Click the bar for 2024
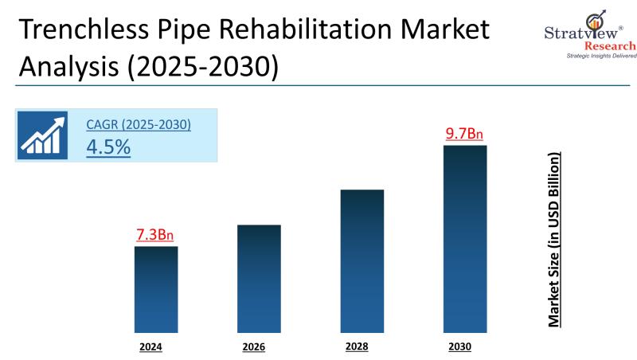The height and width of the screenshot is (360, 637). pyautogui.click(x=155, y=288)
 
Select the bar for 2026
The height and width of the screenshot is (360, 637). pyautogui.click(x=259, y=278)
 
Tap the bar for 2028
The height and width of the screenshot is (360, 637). pyautogui.click(x=362, y=260)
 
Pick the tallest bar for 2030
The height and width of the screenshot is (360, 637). pyautogui.click(x=464, y=238)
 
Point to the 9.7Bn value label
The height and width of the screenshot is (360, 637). pyautogui.click(x=464, y=134)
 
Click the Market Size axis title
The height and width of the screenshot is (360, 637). pyautogui.click(x=555, y=239)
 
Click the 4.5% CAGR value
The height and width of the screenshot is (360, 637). pyautogui.click(x=108, y=147)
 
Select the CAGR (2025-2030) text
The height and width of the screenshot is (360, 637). pyautogui.click(x=139, y=125)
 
